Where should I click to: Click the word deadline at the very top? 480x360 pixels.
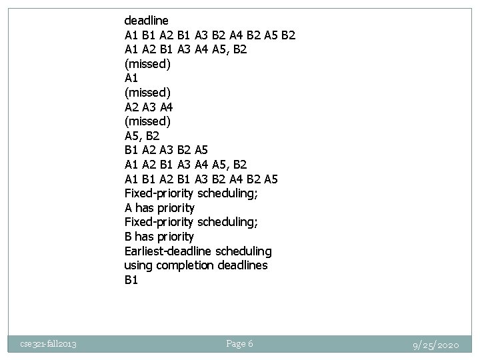[x=147, y=21]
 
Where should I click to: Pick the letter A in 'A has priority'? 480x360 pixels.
[x=129, y=208]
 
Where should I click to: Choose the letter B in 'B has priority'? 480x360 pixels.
[x=129, y=237]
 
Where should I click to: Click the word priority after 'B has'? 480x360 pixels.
[x=174, y=237]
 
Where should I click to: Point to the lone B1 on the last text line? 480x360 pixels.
[x=131, y=280]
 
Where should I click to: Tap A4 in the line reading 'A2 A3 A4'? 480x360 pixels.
[x=168, y=107]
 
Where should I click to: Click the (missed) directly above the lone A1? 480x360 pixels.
[x=147, y=64]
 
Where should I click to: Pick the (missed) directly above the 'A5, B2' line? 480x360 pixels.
[x=147, y=121]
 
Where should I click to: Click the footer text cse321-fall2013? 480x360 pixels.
[x=47, y=344]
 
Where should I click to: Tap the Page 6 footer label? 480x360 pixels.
[x=239, y=344]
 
